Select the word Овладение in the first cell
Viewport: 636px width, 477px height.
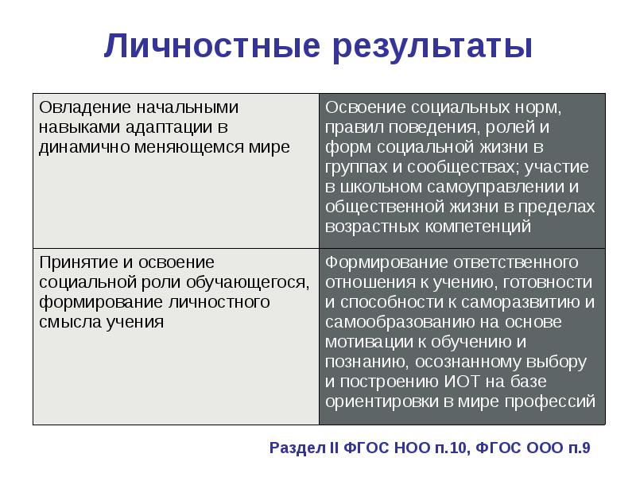[76, 107]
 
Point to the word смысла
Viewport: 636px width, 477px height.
[64, 322]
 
